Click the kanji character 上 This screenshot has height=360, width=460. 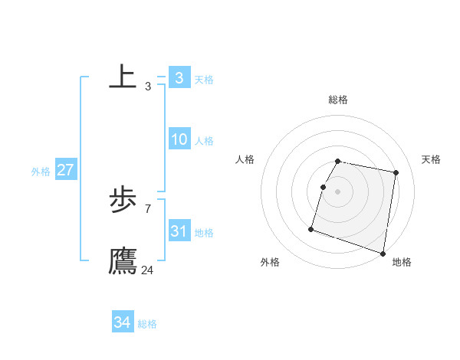[x=123, y=77]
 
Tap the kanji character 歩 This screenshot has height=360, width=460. [x=123, y=200]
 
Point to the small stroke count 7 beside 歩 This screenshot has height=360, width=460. [x=147, y=208]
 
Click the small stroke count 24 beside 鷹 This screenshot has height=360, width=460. [x=147, y=270]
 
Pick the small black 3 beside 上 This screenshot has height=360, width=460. [x=147, y=86]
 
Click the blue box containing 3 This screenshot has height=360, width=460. [x=179, y=78]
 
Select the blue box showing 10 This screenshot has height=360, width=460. [x=179, y=139]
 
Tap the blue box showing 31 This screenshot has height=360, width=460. [x=179, y=231]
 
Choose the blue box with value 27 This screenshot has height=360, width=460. [x=65, y=170]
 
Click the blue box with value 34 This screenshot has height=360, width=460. [x=122, y=322]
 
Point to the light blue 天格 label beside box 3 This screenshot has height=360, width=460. [x=204, y=80]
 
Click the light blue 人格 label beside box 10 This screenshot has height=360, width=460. [x=204, y=141]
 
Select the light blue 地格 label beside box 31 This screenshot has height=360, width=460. [x=204, y=233]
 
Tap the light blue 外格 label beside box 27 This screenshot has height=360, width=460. [x=41, y=172]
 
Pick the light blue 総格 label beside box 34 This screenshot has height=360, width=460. [x=147, y=324]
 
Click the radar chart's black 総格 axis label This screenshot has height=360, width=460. [x=338, y=100]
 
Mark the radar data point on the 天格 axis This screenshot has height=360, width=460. [x=396, y=173]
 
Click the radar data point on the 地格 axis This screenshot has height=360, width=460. [x=383, y=253]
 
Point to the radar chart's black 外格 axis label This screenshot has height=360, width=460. [x=270, y=263]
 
